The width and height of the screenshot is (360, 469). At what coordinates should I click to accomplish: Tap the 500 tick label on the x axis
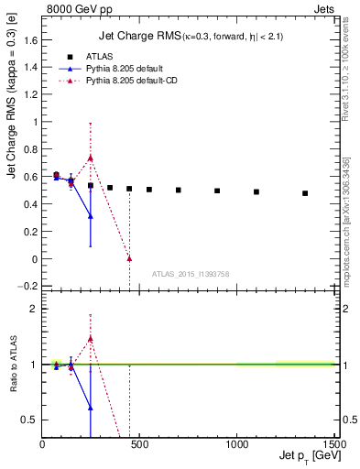point(139,444)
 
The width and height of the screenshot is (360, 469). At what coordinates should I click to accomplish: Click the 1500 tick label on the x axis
point(333,444)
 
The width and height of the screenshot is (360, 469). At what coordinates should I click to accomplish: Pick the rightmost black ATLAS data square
point(305,193)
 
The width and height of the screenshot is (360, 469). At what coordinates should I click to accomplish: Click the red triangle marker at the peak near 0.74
point(91,158)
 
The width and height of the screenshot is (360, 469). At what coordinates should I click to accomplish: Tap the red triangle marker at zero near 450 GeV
point(129,258)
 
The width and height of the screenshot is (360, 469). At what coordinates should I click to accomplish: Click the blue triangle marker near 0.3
point(91,216)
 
